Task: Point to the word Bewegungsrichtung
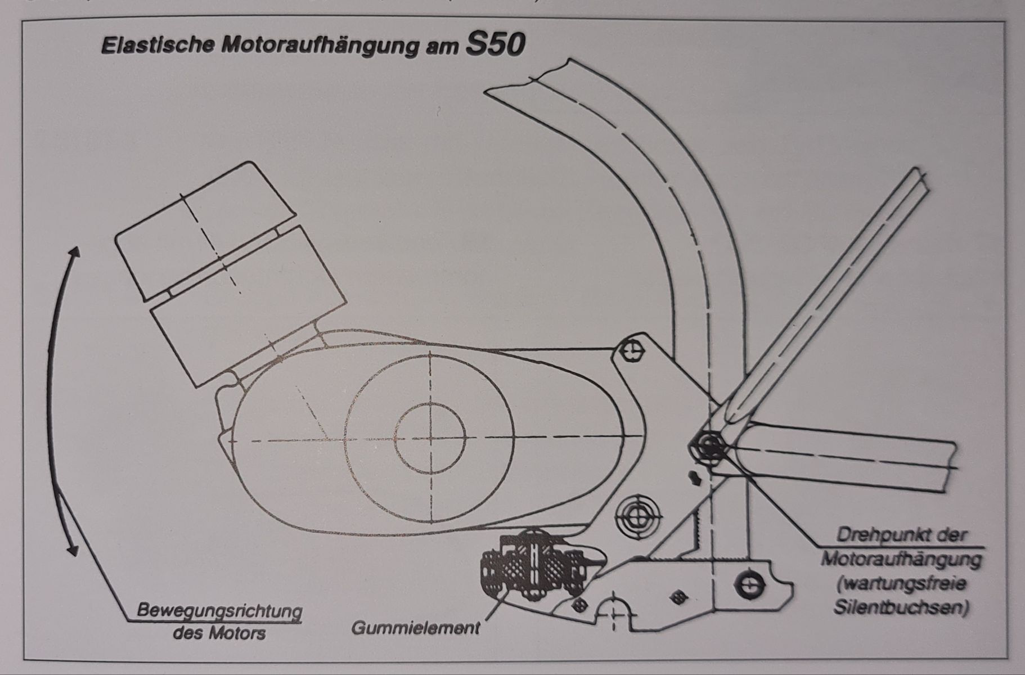coord(219,610)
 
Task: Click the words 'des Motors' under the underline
coord(219,633)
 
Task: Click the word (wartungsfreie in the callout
coord(901,584)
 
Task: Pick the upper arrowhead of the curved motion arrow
coord(75,251)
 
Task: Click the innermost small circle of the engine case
coord(430,438)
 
